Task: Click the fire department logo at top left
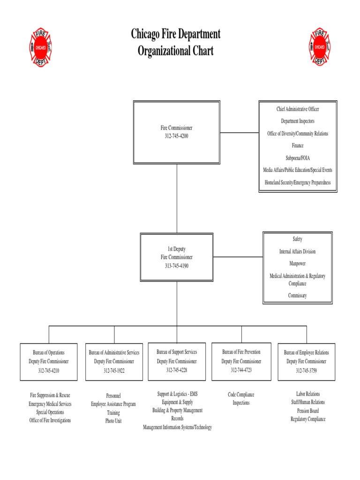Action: point(41,47)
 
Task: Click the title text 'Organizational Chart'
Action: point(176,51)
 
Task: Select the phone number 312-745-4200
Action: point(176,136)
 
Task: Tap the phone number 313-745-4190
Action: point(176,266)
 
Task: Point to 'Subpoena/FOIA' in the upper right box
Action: point(298,158)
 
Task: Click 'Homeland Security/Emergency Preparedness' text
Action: point(298,182)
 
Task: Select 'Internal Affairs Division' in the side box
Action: point(298,252)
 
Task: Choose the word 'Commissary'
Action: point(298,295)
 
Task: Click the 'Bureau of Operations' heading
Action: point(49,352)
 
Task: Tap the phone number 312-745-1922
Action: point(114,371)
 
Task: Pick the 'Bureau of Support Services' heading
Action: point(177,352)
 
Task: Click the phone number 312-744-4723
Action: point(241,370)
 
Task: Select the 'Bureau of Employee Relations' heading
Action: point(307,352)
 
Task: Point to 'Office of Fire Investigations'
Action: point(50,420)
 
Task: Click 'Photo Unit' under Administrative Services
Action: point(113,421)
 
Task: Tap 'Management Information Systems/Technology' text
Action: point(178,427)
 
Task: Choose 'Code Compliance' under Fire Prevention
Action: point(241,395)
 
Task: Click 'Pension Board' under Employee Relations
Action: point(307,411)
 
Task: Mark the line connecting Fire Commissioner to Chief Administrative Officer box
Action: point(239,133)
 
